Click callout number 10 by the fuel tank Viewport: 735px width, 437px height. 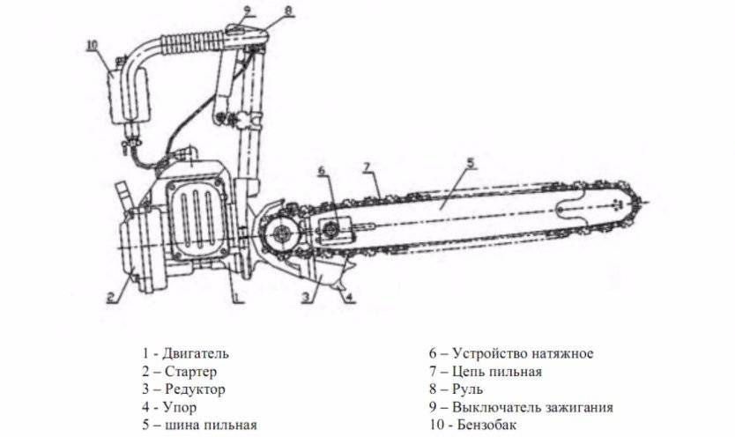pyautogui.click(x=93, y=43)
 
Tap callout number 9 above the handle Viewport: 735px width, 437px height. pyautogui.click(x=247, y=11)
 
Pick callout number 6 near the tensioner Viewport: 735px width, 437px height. pyautogui.click(x=321, y=169)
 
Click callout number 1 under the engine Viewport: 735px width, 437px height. pyautogui.click(x=236, y=297)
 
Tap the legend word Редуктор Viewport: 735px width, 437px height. pyautogui.click(x=195, y=389)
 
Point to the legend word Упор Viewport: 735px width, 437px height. pyautogui.click(x=181, y=407)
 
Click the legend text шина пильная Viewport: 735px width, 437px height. pyautogui.click(x=211, y=425)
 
